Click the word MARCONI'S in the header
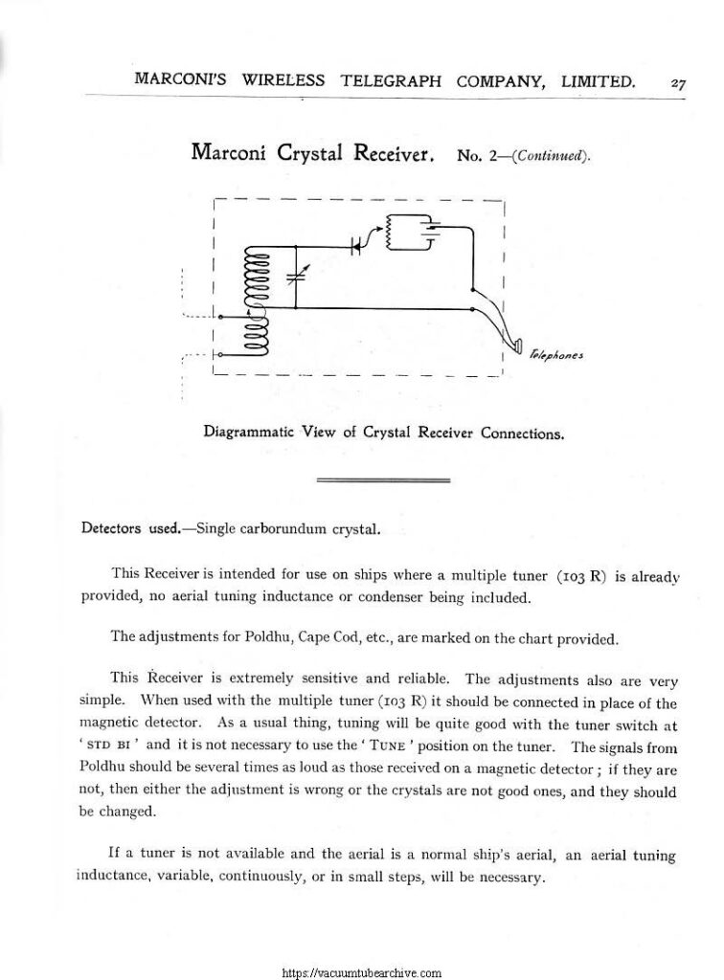point(180,82)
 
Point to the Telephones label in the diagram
point(556,355)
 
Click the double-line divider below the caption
point(383,478)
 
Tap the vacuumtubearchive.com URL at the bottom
point(362,971)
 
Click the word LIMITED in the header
point(595,82)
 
